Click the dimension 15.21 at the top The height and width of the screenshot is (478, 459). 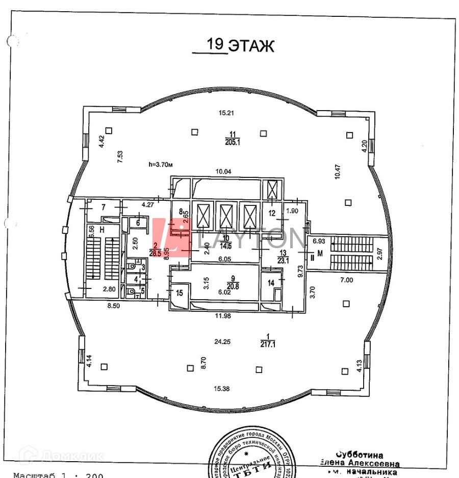[225, 113]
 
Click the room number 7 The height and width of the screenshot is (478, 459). [103, 207]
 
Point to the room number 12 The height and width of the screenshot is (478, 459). [272, 213]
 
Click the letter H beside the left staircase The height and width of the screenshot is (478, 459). [103, 229]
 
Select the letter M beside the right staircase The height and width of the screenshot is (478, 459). [320, 253]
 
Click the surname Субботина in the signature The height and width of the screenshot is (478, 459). [360, 455]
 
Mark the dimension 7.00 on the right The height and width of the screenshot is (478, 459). [347, 280]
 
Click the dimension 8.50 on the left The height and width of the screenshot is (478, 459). [114, 306]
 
